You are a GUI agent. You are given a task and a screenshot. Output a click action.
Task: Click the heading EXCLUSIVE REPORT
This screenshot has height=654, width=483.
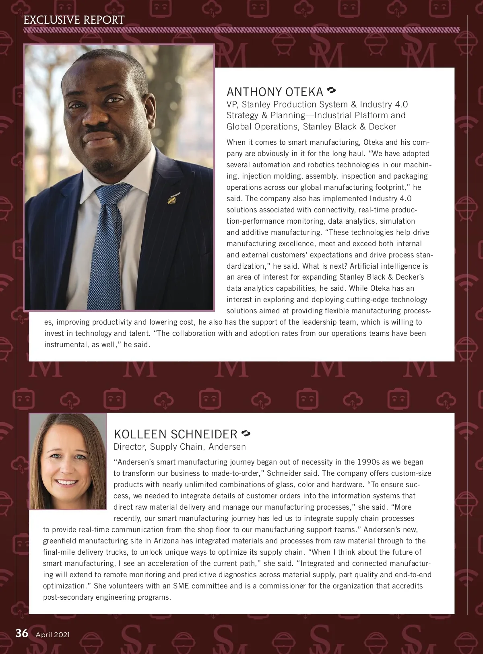pos(74,20)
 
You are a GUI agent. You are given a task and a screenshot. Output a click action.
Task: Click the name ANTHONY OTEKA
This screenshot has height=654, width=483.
pos(275,92)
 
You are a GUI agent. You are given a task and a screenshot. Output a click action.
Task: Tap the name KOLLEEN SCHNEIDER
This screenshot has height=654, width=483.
pos(175,434)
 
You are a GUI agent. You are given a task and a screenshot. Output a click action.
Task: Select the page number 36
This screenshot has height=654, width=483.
pos(22,633)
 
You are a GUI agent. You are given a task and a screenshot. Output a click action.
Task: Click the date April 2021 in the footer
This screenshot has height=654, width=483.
pos(53,635)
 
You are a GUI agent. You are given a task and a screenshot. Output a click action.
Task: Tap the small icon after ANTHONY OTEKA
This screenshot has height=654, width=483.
pos(332,90)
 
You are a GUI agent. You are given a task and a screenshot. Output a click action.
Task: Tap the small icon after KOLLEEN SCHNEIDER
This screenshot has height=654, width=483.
pos(246,433)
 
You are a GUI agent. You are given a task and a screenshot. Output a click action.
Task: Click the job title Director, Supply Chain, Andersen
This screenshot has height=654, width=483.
pos(180,447)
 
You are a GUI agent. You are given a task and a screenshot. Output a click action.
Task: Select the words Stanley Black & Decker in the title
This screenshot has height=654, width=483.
pos(349,127)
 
